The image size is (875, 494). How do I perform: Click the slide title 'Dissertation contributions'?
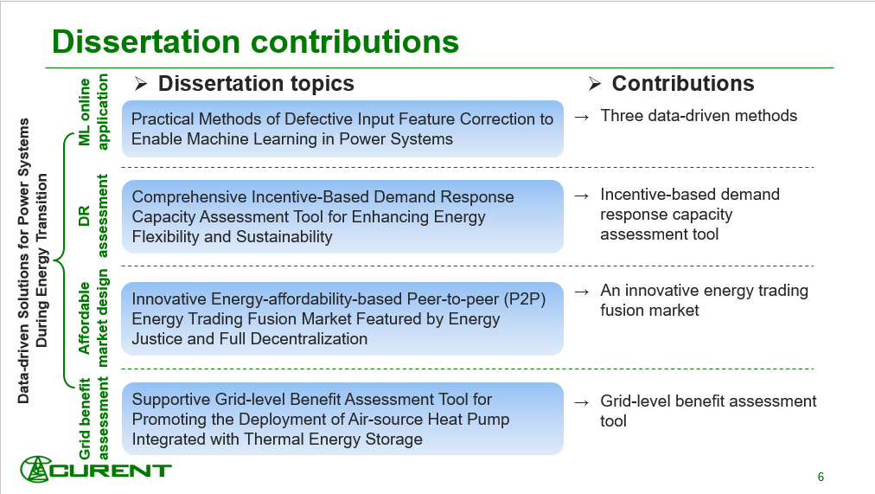(255, 42)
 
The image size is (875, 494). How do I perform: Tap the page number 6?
(821, 477)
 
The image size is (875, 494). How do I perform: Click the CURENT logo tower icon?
(36, 471)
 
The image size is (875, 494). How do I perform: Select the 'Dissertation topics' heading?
(256, 83)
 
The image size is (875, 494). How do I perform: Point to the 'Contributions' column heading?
(682, 83)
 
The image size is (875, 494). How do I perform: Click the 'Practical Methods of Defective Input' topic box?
(342, 129)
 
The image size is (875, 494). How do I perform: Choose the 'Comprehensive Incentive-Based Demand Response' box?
(342, 216)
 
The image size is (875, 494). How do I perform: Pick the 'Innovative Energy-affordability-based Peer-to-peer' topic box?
(342, 318)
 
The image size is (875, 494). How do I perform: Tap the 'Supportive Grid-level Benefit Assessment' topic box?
(342, 419)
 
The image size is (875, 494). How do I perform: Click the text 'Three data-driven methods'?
(699, 115)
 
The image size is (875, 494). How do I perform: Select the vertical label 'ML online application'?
(93, 112)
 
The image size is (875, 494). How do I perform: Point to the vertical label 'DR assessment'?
(93, 215)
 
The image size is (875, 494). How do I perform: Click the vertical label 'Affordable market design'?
(93, 318)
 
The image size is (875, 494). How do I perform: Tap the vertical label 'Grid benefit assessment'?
(93, 419)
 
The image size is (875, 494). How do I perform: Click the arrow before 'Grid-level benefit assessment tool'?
(583, 401)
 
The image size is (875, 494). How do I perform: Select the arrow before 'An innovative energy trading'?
(583, 291)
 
